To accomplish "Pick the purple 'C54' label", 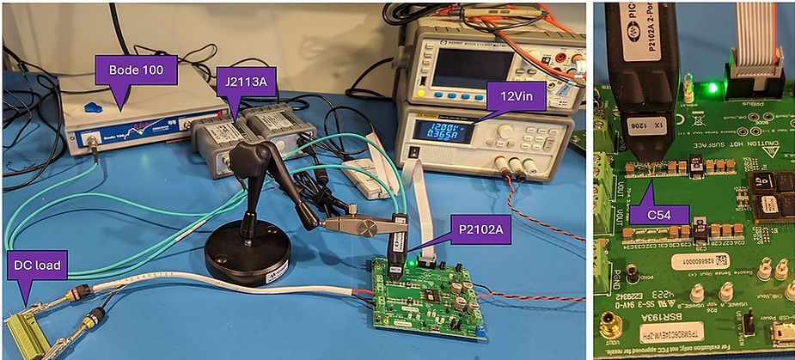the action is [x=658, y=216].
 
